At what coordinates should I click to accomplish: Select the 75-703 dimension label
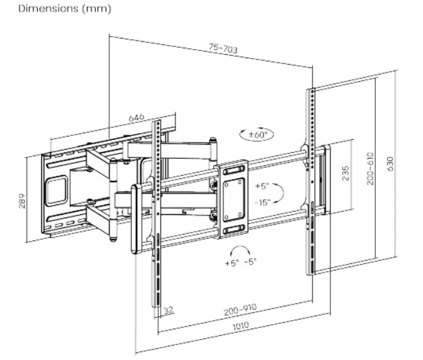click(223, 48)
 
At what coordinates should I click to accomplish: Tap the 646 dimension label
click(136, 118)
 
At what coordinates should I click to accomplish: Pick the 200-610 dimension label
click(370, 169)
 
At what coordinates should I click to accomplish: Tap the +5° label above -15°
click(262, 186)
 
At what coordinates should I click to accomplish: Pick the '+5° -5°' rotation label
click(240, 262)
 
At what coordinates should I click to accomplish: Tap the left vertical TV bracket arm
click(157, 209)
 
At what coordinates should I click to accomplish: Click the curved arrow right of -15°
click(279, 193)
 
